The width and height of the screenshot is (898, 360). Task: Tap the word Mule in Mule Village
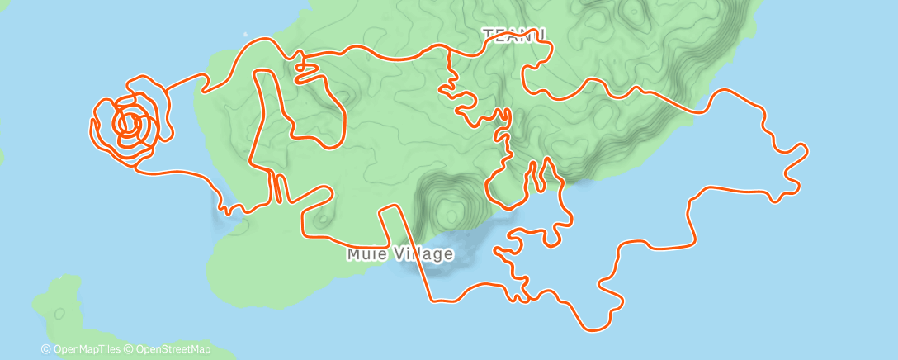pos(364,254)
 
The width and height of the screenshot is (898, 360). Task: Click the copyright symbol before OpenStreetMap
pos(130,349)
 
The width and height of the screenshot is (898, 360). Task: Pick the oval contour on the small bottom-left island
pos(59,314)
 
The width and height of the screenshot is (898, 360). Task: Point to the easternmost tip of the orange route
pos(806,149)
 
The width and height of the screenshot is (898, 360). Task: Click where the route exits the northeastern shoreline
pos(708,110)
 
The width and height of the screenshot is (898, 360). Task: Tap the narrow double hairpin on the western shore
pos(278,188)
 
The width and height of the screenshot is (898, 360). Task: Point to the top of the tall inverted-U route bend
pos(263,72)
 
